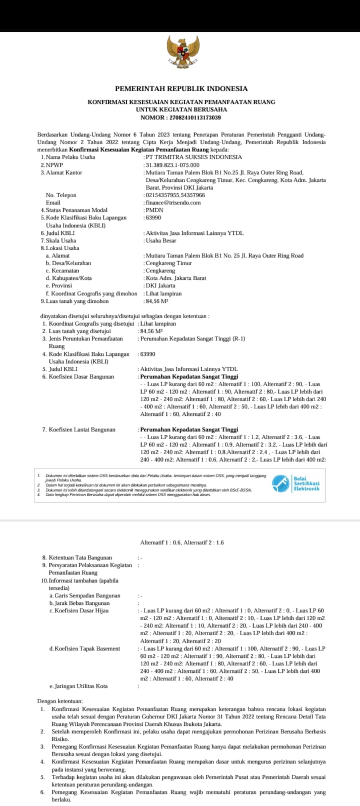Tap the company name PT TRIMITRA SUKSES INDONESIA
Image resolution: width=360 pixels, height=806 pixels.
click(194, 157)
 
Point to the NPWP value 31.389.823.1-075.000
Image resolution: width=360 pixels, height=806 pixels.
click(173, 165)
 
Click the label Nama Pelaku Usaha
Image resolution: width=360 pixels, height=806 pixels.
click(70, 157)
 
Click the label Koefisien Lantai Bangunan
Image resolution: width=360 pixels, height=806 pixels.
click(82, 429)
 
